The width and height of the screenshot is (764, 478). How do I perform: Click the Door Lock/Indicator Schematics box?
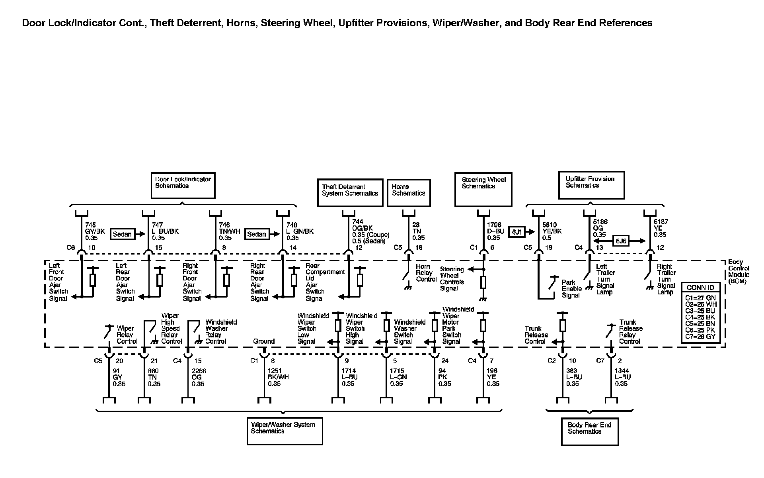(183, 185)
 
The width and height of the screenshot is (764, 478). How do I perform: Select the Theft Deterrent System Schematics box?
(350, 193)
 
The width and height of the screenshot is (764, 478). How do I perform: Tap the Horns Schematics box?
(409, 192)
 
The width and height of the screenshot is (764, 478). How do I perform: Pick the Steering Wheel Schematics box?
(483, 189)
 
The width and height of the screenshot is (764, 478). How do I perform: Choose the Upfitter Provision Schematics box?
(591, 185)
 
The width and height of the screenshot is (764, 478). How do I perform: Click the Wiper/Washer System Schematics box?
(285, 431)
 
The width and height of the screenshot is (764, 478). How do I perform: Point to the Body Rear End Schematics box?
(590, 431)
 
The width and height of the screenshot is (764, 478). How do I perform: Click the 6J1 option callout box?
(516, 231)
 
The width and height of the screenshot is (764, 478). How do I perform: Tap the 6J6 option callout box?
(620, 241)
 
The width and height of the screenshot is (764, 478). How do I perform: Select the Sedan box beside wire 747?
(122, 234)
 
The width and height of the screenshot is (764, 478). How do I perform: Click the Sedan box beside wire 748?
(256, 234)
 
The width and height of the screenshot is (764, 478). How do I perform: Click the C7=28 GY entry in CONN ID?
(700, 337)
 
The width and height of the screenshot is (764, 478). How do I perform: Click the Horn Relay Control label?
(426, 273)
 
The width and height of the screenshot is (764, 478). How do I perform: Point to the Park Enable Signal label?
(571, 289)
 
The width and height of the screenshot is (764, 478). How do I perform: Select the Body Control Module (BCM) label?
(739, 272)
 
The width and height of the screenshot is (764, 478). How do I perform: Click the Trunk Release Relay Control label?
(631, 332)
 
